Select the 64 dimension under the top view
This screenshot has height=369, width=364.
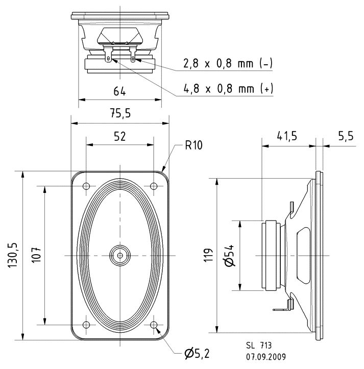click(x=119, y=92)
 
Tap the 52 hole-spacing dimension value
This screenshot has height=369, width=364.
click(x=119, y=136)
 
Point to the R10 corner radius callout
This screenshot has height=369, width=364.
click(x=193, y=146)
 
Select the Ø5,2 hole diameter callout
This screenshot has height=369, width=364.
click(x=196, y=352)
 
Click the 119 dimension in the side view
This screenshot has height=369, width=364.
click(x=207, y=255)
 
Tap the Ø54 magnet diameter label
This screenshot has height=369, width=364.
click(x=229, y=255)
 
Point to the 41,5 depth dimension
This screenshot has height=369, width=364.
click(x=287, y=136)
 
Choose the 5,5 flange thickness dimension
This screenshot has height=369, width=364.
click(x=346, y=136)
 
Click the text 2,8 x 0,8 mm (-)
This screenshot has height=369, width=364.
click(x=228, y=64)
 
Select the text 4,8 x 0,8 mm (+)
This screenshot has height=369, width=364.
click(x=228, y=89)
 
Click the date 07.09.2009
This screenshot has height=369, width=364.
click(x=265, y=356)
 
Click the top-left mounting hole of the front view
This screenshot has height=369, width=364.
click(x=86, y=186)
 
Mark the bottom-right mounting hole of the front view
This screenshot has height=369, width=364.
click(x=154, y=324)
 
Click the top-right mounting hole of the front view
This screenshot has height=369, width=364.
click(x=154, y=186)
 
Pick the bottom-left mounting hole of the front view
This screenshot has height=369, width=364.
click(x=86, y=324)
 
